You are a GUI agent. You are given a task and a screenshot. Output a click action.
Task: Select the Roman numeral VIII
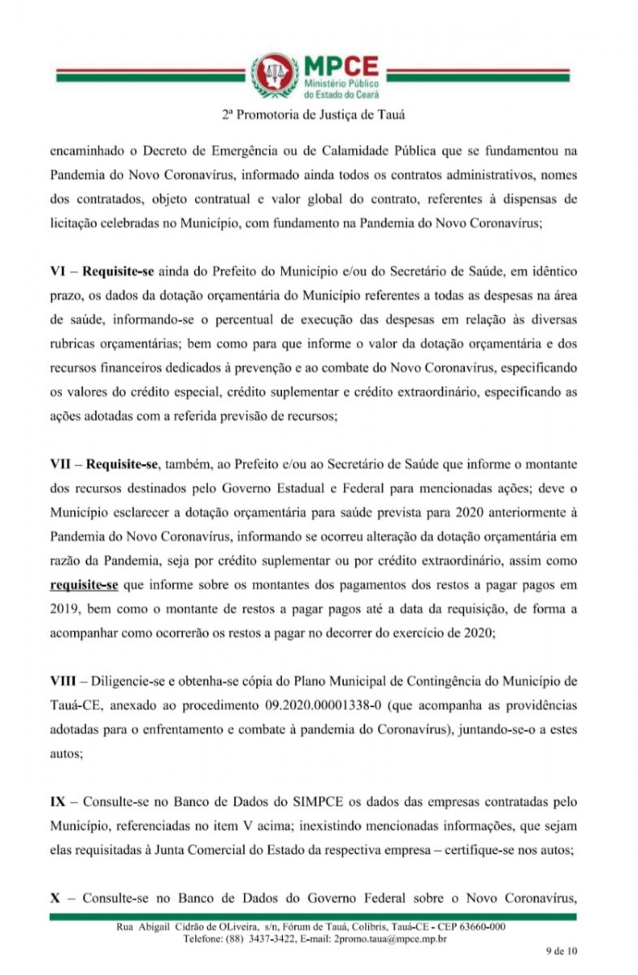[x=64, y=680]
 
